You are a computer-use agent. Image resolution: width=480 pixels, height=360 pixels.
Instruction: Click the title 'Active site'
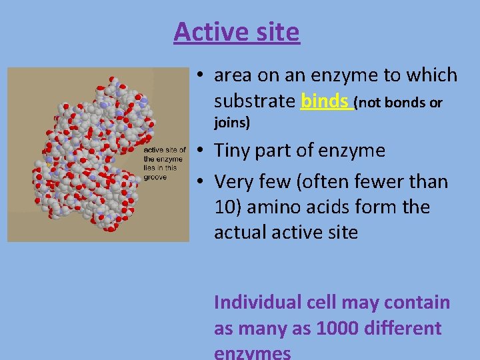[x=237, y=31]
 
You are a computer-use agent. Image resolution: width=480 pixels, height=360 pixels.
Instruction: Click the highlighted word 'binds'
[x=325, y=101]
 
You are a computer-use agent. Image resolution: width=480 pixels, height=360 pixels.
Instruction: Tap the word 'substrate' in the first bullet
[x=254, y=101]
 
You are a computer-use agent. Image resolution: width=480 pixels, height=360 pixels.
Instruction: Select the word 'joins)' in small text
[x=232, y=123]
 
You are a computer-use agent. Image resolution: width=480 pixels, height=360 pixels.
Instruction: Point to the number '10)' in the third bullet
[x=227, y=207]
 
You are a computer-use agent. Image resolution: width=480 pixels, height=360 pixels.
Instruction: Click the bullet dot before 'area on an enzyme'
[x=200, y=75]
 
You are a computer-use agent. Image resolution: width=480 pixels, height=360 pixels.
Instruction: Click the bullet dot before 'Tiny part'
[x=200, y=151]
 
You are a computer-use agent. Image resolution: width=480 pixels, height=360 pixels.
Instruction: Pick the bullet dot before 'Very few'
[x=200, y=181]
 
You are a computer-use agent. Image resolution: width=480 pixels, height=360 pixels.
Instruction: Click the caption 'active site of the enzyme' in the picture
[x=165, y=154]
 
